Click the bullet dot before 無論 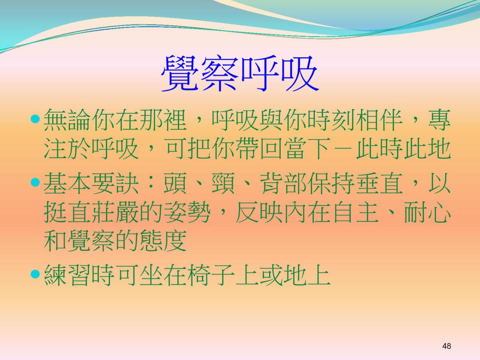coord(35,119)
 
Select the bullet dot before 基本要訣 coord(35,182)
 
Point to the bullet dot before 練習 coord(35,274)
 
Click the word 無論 coord(67,120)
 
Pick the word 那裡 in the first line coord(163,120)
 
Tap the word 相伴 coord(379,120)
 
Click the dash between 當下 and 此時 coord(343,149)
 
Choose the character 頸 coord(223,183)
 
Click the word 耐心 coord(427,211)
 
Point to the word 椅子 coord(211,274)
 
